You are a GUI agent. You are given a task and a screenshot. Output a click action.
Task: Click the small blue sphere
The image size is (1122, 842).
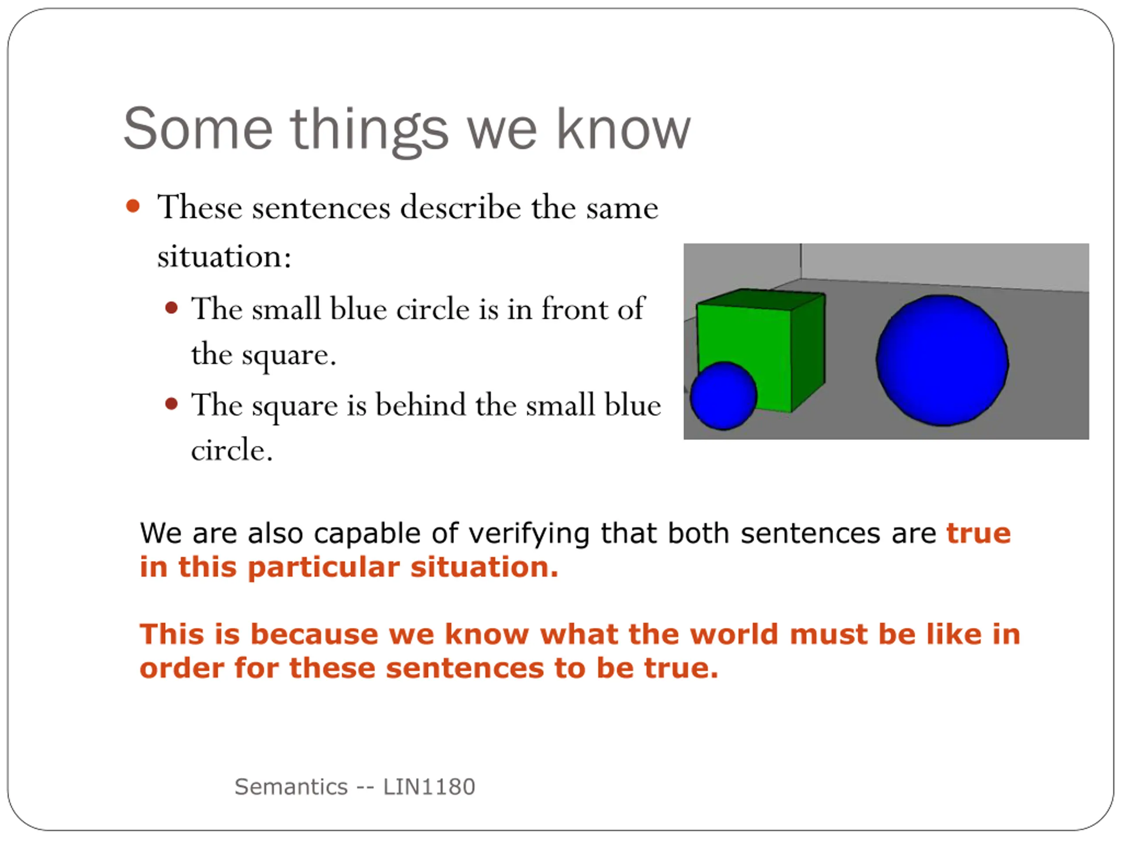point(724,396)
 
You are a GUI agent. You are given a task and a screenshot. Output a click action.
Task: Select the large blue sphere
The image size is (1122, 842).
point(942,360)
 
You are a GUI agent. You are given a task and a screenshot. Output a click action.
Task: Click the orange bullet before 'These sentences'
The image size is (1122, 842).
point(133,206)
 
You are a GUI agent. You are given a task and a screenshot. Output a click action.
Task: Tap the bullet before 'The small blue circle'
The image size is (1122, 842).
point(171,308)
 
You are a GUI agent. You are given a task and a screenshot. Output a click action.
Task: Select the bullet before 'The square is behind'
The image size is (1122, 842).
point(171,404)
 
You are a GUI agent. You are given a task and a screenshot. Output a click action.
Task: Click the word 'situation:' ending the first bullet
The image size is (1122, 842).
point(224,256)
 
